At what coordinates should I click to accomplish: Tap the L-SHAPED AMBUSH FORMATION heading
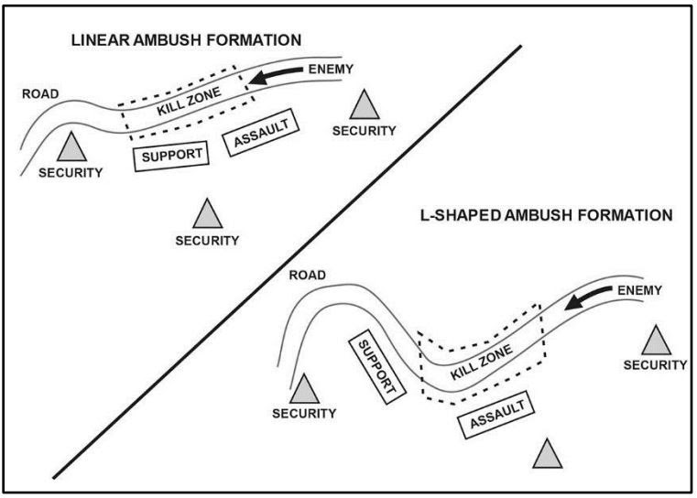click(541, 216)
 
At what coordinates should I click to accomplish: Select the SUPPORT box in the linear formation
click(171, 155)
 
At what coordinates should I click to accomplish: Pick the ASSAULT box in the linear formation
click(262, 136)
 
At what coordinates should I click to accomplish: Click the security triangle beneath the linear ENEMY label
click(365, 106)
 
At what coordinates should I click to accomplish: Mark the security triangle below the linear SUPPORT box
click(208, 216)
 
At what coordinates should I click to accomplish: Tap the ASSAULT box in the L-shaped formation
click(495, 415)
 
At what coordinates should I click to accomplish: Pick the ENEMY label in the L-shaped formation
click(639, 290)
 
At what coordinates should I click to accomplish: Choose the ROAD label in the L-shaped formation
click(308, 276)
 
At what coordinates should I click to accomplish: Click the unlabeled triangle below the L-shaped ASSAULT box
click(547, 455)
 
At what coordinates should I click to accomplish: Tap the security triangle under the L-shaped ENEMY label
click(656, 342)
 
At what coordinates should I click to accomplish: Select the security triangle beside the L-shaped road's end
click(305, 389)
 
